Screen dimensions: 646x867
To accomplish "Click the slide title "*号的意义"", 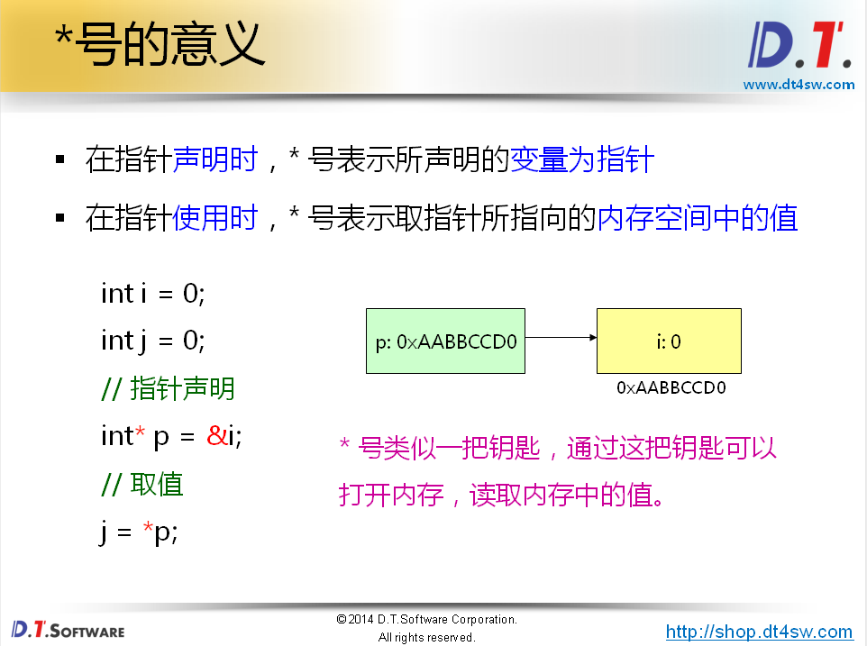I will pos(160,43).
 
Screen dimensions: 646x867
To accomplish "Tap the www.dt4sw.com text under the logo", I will pos(799,85).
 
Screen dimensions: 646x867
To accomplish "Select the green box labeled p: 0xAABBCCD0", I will pos(445,341).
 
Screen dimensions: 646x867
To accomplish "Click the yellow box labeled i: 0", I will pos(669,341).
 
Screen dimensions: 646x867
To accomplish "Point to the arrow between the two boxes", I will pos(561,339).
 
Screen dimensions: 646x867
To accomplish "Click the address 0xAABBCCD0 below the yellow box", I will pos(671,387).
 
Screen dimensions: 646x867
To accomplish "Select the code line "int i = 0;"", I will pos(153,294).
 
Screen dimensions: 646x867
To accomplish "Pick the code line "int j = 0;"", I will pos(153,341).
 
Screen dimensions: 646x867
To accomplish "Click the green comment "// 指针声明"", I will pos(168,389).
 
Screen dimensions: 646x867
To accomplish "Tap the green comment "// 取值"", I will pos(142,485).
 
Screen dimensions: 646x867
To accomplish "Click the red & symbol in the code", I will pos(216,437).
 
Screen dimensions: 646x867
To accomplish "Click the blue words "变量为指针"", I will pos(582,161).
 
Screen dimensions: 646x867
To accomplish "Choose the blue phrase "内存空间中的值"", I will pos(698,218).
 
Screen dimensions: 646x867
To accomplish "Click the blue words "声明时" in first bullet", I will pos(214,161).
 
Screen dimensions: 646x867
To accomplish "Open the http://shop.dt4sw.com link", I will pos(759,632).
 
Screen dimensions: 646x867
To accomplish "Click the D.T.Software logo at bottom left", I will pos(68,629).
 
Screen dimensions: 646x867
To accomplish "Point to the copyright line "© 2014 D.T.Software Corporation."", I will pos(426,620).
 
